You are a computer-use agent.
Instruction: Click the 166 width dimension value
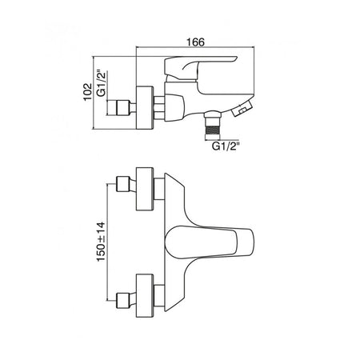tap(195, 42)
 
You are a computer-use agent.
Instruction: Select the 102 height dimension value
tap(88, 92)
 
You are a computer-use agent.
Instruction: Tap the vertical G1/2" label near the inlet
tap(102, 83)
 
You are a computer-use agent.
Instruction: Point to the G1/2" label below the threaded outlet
tap(224, 146)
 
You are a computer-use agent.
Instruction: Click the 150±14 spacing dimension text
tap(101, 242)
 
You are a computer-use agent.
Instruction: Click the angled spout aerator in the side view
tap(242, 107)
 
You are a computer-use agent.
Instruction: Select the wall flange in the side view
tap(145, 108)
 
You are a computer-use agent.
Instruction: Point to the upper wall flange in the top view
tap(145, 189)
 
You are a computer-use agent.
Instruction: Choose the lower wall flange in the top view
tap(145, 295)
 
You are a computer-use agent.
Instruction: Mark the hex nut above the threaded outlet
tap(213, 114)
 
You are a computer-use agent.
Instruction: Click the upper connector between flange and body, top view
tap(159, 189)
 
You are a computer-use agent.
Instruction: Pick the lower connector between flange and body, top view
tap(159, 295)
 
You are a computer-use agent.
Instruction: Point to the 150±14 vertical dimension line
tap(107, 242)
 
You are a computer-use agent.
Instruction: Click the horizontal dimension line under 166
tap(195, 48)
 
